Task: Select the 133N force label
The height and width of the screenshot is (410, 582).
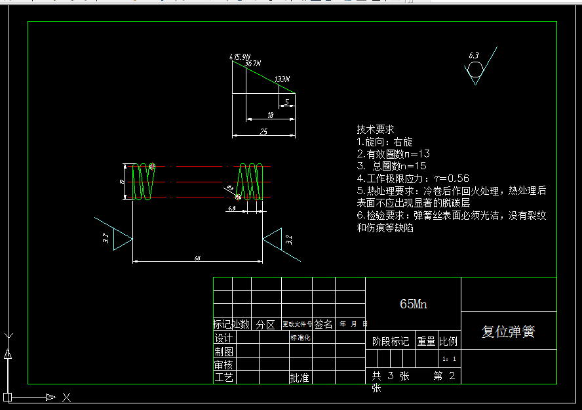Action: (x=282, y=79)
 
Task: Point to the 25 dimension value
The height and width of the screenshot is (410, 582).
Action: (x=263, y=132)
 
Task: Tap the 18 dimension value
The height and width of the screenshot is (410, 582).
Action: (x=270, y=115)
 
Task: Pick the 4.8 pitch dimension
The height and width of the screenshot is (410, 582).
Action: (x=231, y=208)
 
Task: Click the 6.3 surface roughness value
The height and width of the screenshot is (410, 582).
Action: (x=474, y=56)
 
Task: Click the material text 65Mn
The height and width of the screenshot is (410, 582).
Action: (x=413, y=304)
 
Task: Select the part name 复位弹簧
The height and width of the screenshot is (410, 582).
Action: (x=509, y=332)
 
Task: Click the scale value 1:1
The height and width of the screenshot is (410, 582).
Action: (x=449, y=359)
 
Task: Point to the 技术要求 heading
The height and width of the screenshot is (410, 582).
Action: (x=376, y=129)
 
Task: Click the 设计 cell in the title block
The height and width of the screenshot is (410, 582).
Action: (x=223, y=338)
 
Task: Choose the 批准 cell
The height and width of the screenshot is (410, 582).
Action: (x=300, y=378)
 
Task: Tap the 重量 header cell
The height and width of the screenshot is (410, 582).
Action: (x=426, y=341)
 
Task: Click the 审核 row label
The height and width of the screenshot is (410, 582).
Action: (x=223, y=365)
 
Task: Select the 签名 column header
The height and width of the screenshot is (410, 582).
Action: (x=323, y=324)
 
